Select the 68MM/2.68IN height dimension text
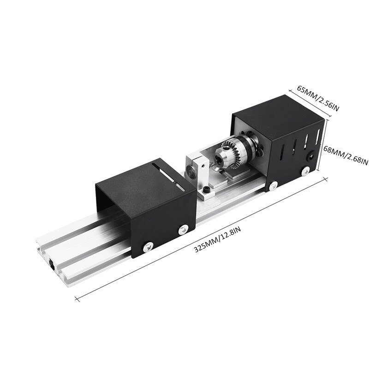click(345, 155)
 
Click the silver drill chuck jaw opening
click(214, 163)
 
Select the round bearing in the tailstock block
click(189, 173)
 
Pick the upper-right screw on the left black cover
click(184, 228)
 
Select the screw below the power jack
click(305, 171)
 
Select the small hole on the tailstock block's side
click(202, 163)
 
